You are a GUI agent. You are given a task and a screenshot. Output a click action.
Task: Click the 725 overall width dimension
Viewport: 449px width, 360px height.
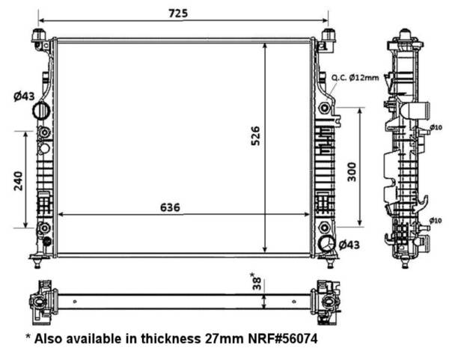(x=178, y=13)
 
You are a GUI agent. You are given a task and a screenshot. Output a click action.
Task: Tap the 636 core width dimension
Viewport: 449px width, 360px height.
(x=170, y=207)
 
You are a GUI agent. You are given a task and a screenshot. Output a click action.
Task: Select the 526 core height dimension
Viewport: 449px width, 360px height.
(x=255, y=135)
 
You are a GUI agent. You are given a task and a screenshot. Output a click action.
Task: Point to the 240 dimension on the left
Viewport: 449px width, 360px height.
(x=19, y=181)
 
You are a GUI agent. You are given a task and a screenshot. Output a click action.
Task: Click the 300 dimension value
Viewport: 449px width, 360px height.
(x=352, y=172)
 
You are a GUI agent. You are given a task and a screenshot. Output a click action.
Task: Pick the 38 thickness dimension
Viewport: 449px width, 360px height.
(x=257, y=283)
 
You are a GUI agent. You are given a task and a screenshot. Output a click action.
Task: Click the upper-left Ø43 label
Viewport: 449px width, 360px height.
(x=24, y=97)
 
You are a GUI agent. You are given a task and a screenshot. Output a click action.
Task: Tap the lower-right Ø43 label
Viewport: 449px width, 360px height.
(x=349, y=245)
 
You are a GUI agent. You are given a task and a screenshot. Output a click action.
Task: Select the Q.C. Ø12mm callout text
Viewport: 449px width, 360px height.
(x=355, y=78)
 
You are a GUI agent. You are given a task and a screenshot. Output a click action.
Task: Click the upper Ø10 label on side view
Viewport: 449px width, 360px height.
(x=436, y=127)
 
